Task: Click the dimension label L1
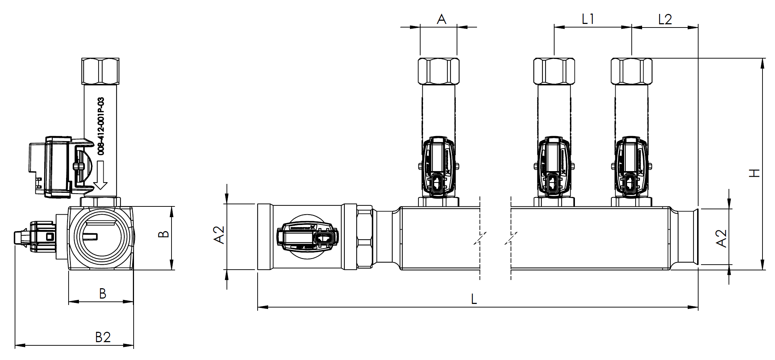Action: [x=588, y=19]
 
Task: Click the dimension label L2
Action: [x=665, y=19]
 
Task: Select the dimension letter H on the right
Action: [x=754, y=173]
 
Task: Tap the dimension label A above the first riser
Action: [x=441, y=19]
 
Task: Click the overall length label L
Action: [x=474, y=299]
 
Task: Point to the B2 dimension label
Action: [x=103, y=337]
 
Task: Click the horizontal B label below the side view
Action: [x=103, y=294]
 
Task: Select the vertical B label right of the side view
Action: [x=163, y=234]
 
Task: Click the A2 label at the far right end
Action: [x=722, y=238]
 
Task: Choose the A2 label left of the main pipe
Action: [x=219, y=235]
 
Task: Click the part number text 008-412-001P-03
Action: [x=101, y=126]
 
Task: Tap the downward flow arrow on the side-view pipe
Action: [x=100, y=175]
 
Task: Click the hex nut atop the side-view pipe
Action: [x=100, y=71]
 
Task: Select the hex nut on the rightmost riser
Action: [x=631, y=71]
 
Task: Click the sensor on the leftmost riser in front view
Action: [x=438, y=166]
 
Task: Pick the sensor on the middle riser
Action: [x=554, y=166]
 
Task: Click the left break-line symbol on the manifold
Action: [x=480, y=238]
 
